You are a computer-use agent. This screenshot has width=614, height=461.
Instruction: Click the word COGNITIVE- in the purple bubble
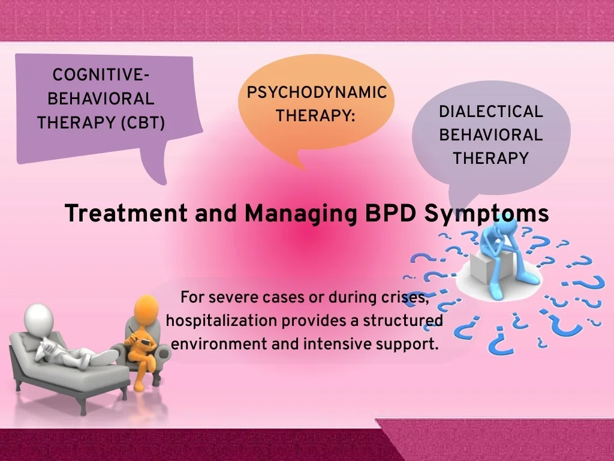point(101,75)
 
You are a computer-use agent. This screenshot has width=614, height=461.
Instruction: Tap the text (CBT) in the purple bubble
point(143,123)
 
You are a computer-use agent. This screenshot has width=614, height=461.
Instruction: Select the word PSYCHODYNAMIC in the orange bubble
point(317,93)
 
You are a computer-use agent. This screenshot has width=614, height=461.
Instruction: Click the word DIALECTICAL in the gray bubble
point(491,112)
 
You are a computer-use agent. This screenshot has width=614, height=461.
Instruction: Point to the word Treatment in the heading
point(126,214)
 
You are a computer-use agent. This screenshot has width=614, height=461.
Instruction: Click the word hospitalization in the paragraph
point(222,321)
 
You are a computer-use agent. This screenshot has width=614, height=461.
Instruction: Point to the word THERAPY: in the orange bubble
point(315,116)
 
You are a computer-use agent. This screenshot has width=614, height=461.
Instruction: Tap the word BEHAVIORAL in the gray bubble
point(491,135)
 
